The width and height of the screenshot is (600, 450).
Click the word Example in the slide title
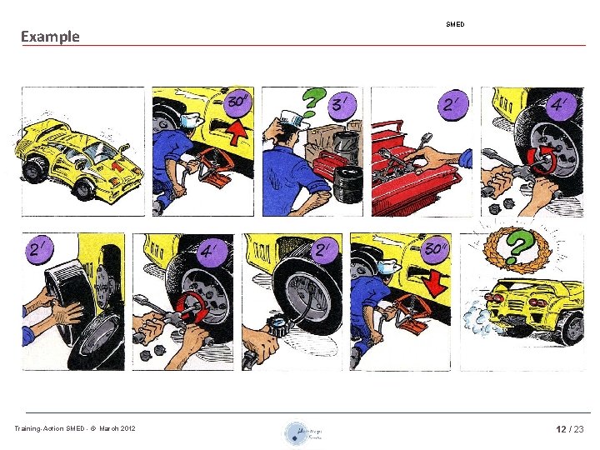[50, 36]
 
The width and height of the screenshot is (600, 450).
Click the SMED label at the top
[455, 24]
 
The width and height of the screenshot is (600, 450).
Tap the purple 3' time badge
[339, 106]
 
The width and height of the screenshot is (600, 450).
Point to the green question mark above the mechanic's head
[314, 101]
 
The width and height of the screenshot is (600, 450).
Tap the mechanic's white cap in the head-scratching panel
[293, 118]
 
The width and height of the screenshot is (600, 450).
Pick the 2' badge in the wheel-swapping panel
[36, 248]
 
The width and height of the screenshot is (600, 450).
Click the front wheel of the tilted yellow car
[82, 189]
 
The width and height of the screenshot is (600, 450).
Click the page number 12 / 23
[570, 428]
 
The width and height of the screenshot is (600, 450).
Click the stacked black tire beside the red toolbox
[350, 183]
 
